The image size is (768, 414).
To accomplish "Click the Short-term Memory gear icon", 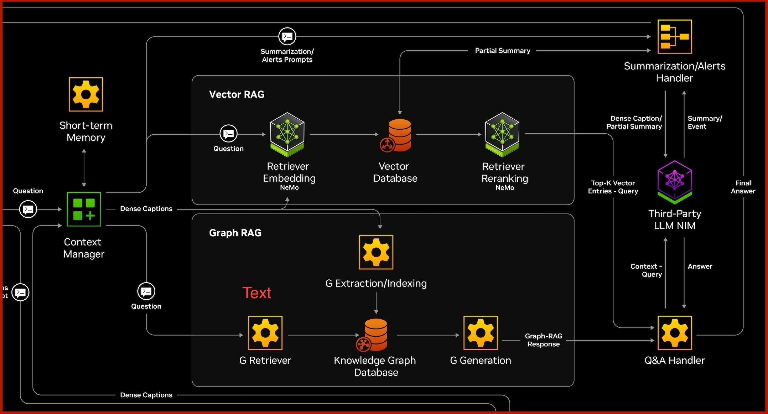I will click(x=86, y=94).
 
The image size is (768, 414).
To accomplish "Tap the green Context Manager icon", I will click(x=84, y=209).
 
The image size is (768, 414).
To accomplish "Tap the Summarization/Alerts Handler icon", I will click(x=675, y=37).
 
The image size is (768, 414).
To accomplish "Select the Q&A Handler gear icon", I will click(x=675, y=333).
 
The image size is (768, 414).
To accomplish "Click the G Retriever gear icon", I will click(x=265, y=333).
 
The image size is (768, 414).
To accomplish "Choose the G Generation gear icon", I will click(x=481, y=333).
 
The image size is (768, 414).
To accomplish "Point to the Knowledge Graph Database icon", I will click(x=373, y=335).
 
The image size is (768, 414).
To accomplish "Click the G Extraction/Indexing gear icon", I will click(x=376, y=252).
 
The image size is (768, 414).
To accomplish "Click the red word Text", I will click(x=256, y=293).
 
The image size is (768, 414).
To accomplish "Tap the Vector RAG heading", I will click(x=237, y=94).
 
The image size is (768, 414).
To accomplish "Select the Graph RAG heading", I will click(x=235, y=233).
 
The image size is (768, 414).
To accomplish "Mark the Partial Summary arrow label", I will click(x=503, y=51).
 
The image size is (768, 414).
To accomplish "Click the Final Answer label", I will click(x=743, y=187).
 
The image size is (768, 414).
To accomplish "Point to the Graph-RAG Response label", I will click(x=544, y=340).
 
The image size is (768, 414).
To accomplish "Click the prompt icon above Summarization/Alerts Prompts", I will click(x=287, y=36).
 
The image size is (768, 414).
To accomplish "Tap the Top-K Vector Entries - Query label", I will click(x=613, y=187).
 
